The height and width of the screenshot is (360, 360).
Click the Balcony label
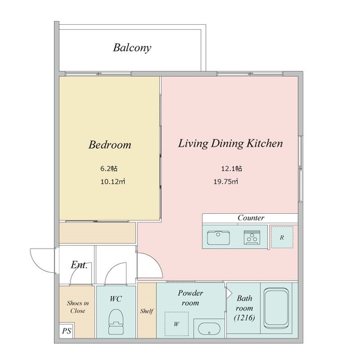pos(132,48)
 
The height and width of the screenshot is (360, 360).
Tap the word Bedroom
pos(110,145)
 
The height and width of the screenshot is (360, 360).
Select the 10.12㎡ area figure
pos(112,182)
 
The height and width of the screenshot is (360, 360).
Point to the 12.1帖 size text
pos(231,169)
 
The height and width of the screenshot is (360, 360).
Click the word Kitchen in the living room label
pos(265,143)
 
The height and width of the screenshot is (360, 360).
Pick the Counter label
pos(251,218)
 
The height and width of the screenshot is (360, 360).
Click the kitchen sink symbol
pos(218,237)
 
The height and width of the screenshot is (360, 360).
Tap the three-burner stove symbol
pos(252,237)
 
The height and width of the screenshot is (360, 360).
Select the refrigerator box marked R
pos(282,237)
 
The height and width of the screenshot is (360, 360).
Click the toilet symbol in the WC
pos(116,321)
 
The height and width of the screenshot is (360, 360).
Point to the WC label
pos(116,299)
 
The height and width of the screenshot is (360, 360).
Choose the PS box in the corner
pos(66,331)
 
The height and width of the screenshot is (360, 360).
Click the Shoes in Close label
pos(78,307)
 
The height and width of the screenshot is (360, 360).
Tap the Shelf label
pos(147,311)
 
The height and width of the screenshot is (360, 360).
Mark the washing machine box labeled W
pos(176,324)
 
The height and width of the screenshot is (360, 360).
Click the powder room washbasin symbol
pos(209,328)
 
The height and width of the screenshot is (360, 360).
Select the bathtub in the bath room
pos(276,308)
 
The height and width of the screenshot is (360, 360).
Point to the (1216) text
pos(244,318)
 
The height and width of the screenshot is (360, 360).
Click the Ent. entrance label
pos(79,265)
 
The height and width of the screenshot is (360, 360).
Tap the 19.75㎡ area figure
pos(226,182)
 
